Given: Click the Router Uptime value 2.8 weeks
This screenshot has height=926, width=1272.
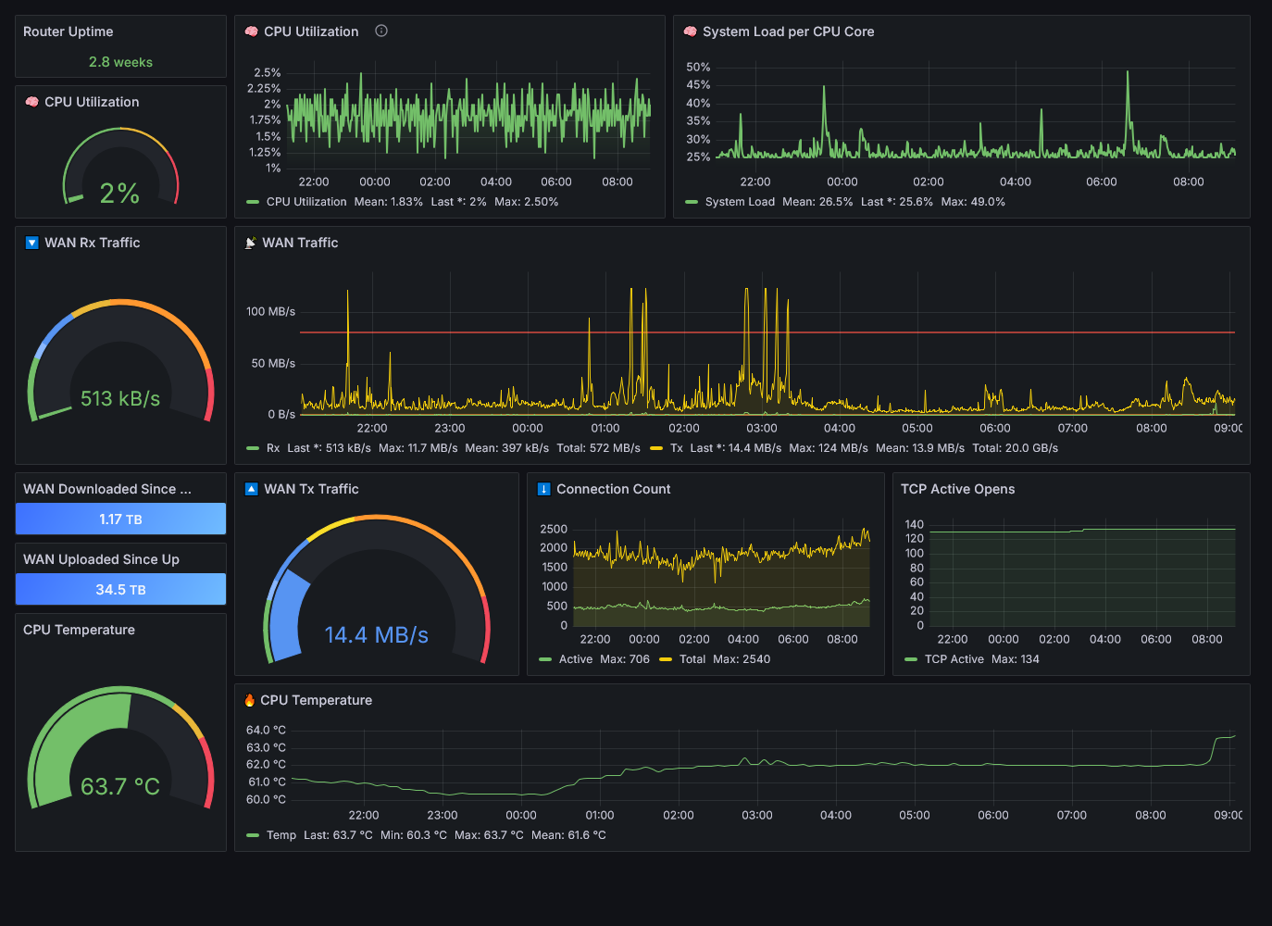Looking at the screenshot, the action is [x=120, y=62].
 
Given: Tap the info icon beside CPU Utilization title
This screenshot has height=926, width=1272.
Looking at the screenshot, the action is [x=381, y=31].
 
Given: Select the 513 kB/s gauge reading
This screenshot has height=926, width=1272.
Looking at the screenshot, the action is [x=120, y=398].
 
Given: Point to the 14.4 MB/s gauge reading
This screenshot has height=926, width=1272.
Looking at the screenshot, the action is [x=376, y=634].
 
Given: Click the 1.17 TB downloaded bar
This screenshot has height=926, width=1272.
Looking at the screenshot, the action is [x=120, y=519].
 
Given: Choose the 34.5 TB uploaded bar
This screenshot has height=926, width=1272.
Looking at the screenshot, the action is [x=120, y=589].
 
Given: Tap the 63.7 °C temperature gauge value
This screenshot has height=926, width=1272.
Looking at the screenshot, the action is [x=120, y=786].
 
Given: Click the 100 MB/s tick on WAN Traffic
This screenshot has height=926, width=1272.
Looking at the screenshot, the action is [x=270, y=311].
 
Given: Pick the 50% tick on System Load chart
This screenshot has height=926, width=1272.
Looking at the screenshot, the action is [x=698, y=67].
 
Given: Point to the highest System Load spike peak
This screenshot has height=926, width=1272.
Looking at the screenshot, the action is [x=1128, y=71].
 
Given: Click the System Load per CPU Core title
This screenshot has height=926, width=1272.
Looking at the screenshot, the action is [x=788, y=31].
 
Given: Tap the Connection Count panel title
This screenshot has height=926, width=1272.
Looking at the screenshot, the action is [x=613, y=489].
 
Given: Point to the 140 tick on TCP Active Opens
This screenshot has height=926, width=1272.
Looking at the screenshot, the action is [x=915, y=524].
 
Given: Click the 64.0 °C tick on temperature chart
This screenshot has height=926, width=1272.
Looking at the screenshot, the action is [x=266, y=730].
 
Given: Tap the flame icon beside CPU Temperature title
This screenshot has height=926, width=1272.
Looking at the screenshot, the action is [x=249, y=700].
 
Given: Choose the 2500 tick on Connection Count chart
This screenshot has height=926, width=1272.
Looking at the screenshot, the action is [x=554, y=529].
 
